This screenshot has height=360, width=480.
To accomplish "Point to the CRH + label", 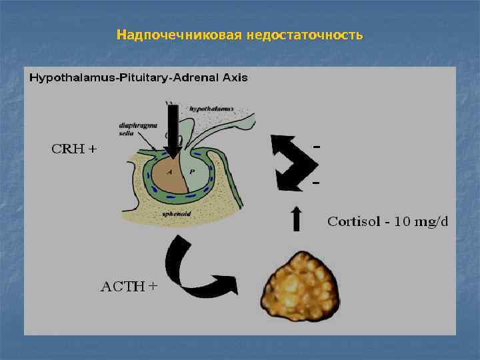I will pos(74,149).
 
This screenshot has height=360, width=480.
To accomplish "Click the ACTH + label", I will pos(129,287).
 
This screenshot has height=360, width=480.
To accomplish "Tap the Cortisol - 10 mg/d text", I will pos(387,222).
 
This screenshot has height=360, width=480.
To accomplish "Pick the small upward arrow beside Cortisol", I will pos(297,219).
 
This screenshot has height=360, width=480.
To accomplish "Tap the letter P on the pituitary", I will pos(192,171).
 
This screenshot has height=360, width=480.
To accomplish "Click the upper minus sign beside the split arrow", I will pos(316,145).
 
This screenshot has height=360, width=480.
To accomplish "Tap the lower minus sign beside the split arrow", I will pos(316,182).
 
